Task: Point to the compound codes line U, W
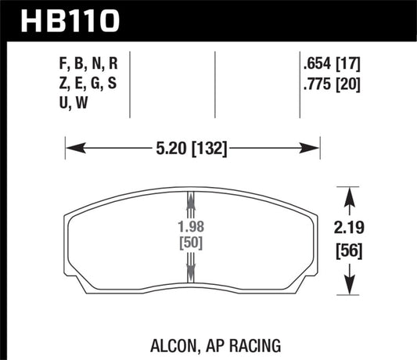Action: click(x=73, y=107)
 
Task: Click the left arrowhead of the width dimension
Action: click(x=70, y=146)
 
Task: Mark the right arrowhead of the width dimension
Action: click(x=316, y=146)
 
